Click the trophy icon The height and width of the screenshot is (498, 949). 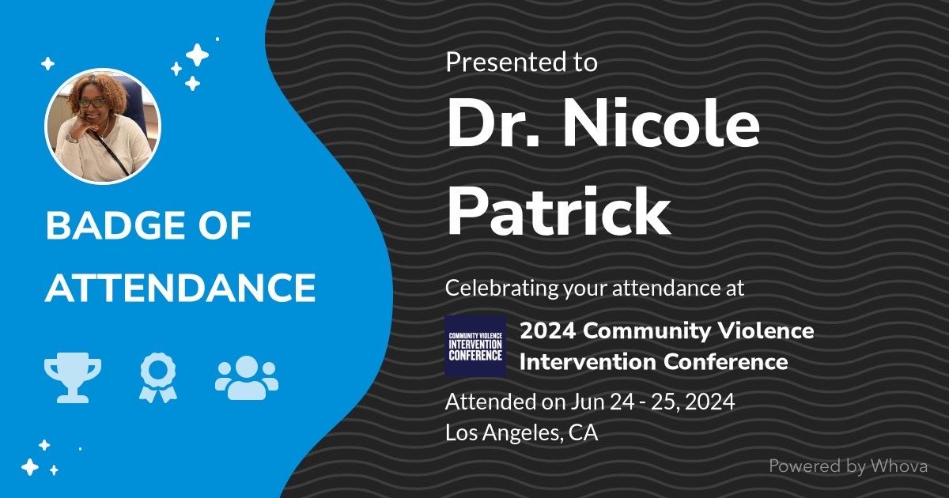click(73, 377)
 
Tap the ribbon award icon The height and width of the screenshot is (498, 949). click(158, 378)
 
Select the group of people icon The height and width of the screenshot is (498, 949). click(247, 378)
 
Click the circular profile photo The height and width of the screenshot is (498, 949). click(103, 126)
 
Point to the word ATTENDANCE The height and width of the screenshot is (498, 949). click(180, 288)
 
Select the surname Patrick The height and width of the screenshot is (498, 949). click(559, 212)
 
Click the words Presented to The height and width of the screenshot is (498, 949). click(521, 62)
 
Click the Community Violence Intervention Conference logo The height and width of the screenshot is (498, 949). click(475, 346)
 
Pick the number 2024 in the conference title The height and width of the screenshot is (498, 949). click(548, 330)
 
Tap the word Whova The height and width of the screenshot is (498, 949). click(899, 466)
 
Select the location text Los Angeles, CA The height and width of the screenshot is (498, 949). click(521, 432)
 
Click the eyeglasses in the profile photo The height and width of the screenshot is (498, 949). click(92, 102)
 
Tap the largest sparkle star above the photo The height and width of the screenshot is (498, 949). click(197, 55)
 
